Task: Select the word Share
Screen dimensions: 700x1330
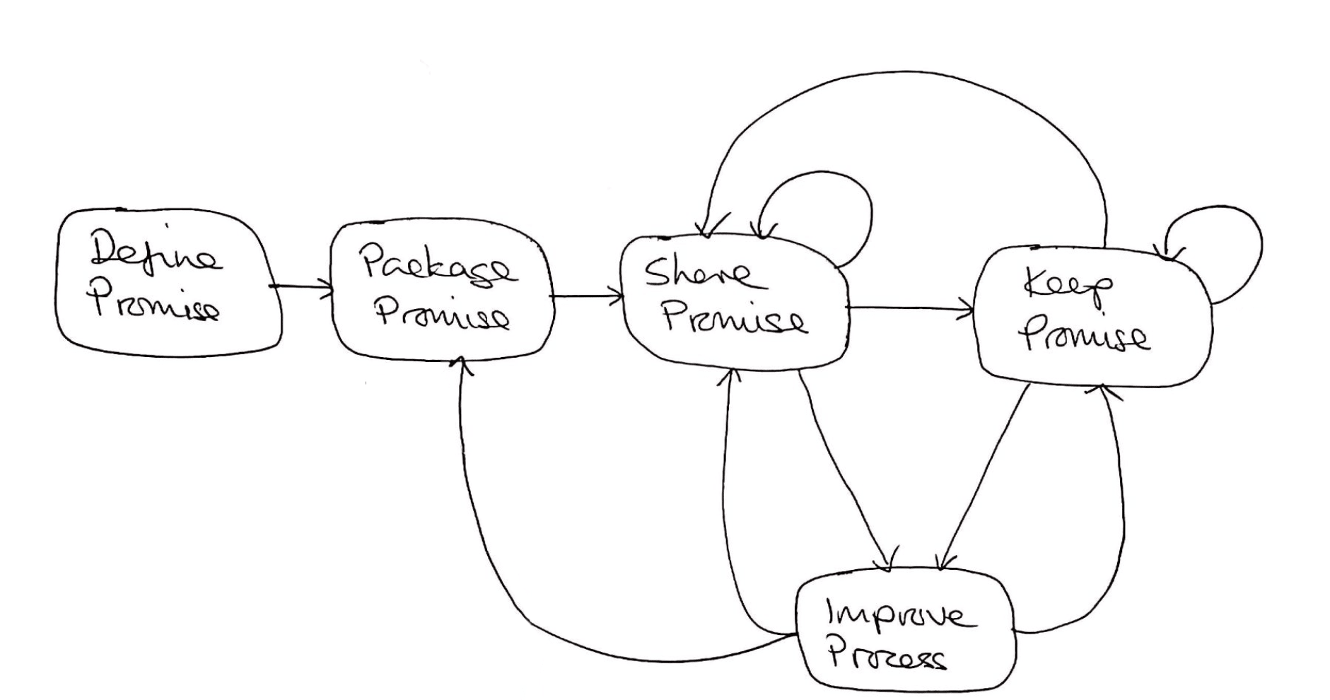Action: click(x=696, y=272)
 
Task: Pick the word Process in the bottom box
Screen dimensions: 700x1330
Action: click(x=887, y=657)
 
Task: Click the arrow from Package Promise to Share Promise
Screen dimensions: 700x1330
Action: click(x=587, y=296)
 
